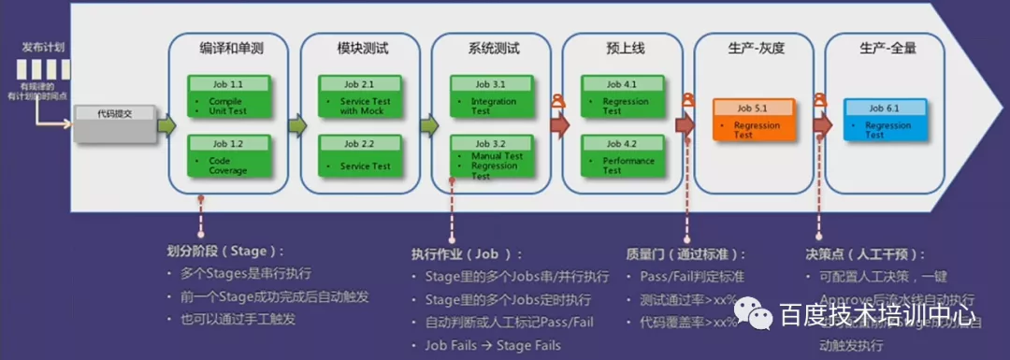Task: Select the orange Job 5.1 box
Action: (752, 120)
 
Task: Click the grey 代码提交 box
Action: (115, 122)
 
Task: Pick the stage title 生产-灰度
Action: (753, 49)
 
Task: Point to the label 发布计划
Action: (44, 46)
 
